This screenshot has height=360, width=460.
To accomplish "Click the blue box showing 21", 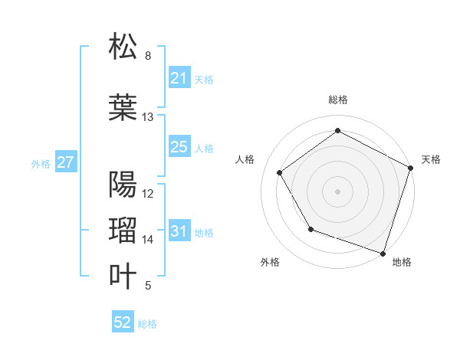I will click(179, 78).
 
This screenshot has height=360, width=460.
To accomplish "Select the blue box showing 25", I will click(179, 147).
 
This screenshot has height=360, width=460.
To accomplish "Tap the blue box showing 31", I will click(179, 231).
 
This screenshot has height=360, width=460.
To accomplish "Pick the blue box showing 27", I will click(66, 162).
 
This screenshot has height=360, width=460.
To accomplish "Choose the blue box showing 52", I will click(123, 322).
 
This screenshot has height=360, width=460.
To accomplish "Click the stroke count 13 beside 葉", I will click(148, 117).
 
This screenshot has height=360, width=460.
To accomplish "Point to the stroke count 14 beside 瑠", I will click(148, 240).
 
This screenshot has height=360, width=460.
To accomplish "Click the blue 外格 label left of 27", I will click(41, 163).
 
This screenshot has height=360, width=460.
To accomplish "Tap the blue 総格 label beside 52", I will click(147, 324).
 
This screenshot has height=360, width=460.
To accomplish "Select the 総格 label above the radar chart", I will click(337, 100).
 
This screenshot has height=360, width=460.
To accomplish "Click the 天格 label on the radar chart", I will click(431, 159).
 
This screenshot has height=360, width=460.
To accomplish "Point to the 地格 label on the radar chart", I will click(402, 262).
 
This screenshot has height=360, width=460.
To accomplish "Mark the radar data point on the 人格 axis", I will click(280, 173).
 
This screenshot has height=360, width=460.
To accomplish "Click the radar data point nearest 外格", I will click(310, 228).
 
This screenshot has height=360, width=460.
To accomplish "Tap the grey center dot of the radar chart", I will click(337, 191).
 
